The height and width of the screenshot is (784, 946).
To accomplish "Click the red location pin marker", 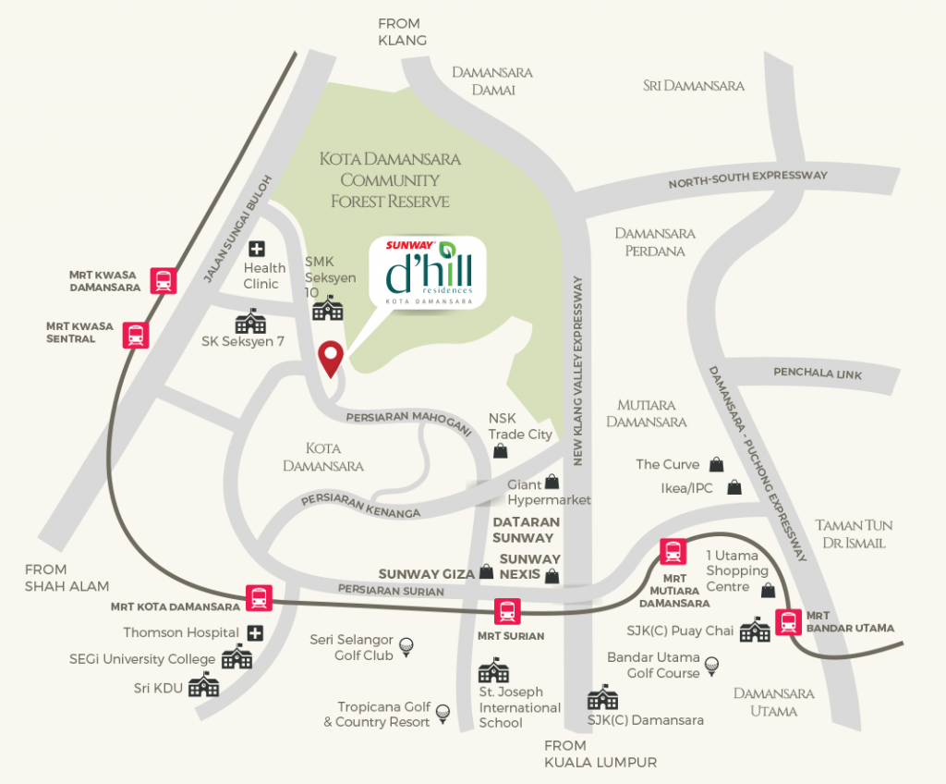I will (x=331, y=358).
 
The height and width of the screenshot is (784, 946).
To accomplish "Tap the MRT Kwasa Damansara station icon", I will (x=164, y=280).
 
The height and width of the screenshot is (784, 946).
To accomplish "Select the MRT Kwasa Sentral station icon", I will (x=137, y=334).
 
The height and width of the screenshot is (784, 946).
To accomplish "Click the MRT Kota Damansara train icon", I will (x=258, y=598).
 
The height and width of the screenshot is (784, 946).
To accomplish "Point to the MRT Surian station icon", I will (x=506, y=611).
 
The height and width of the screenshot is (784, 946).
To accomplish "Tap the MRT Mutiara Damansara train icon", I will (x=672, y=552).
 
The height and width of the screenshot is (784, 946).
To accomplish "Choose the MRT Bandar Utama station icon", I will (x=788, y=622).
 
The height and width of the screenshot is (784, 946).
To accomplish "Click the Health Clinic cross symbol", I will (x=256, y=248).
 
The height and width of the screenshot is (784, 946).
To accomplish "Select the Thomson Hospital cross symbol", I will (x=255, y=633).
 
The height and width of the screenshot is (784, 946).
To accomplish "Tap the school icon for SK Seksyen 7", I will (x=250, y=321).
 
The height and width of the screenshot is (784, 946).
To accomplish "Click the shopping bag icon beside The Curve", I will (x=716, y=464).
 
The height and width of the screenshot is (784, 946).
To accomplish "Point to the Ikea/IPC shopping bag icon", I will (x=734, y=486).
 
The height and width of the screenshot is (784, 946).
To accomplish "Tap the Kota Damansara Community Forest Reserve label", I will (x=390, y=179).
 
